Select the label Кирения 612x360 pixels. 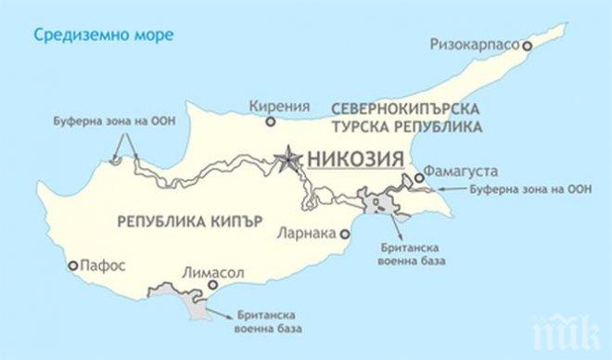point(274,107)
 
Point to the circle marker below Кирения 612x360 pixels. point(270,122)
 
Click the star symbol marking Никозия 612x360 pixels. point(289,157)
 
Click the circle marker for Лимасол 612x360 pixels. point(210,286)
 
